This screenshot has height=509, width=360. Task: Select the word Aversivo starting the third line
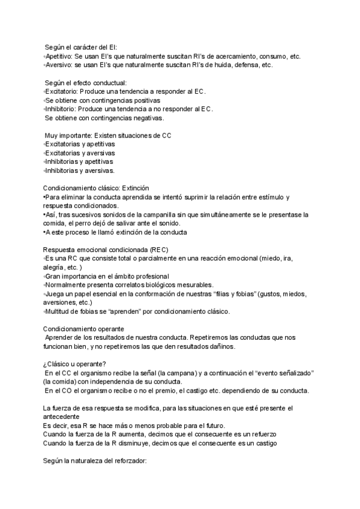coord(58,65)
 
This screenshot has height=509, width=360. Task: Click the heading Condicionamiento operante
coord(84,329)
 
